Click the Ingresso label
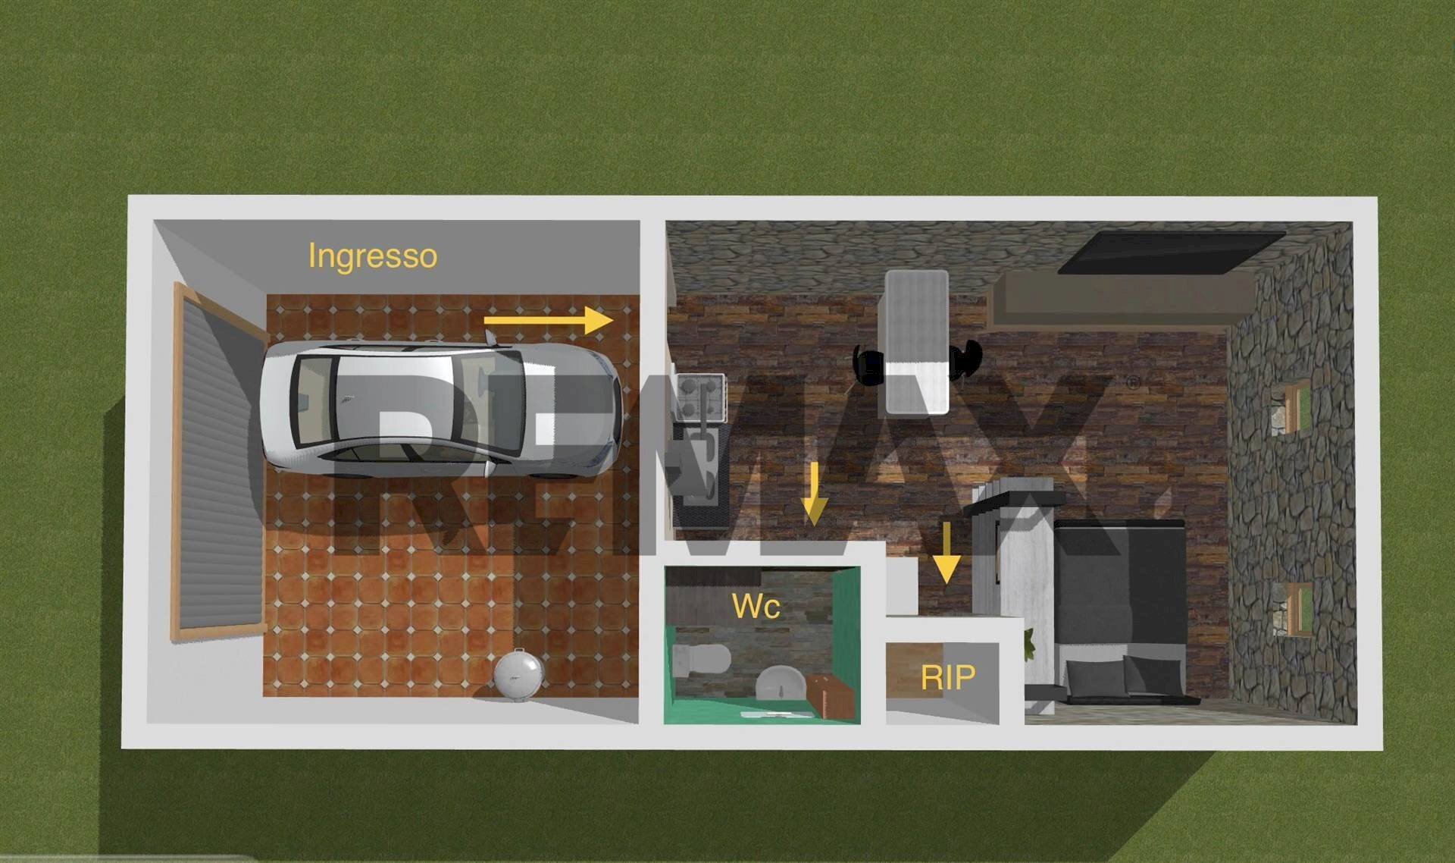pyautogui.click(x=373, y=257)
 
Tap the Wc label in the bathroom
pyautogui.click(x=756, y=606)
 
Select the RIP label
pyautogui.click(x=947, y=676)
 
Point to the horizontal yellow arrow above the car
pyautogui.click(x=548, y=320)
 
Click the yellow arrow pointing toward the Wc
pyautogui.click(x=814, y=494)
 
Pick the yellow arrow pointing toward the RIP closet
pyautogui.click(x=947, y=553)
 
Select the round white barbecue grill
pyautogui.click(x=518, y=672)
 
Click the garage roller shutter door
pyautogui.click(x=219, y=460)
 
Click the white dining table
pyautogui.click(x=917, y=342)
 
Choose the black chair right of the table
pyautogui.click(x=965, y=359)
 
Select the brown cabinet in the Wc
pyautogui.click(x=831, y=696)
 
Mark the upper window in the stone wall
pyautogui.click(x=1291, y=407)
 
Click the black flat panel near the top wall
pyautogui.click(x=1172, y=253)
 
